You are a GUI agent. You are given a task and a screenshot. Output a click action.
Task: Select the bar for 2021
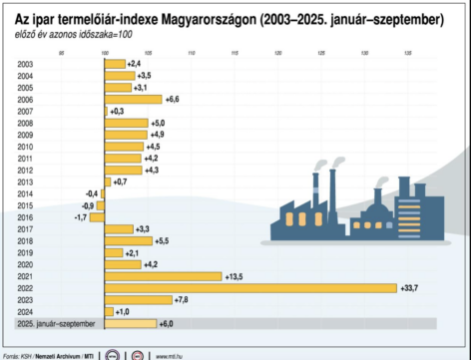pos(162,276)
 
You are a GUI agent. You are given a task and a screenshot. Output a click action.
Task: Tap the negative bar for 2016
pos(97,216)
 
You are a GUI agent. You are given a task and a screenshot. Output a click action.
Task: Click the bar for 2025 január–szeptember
pos(130,323)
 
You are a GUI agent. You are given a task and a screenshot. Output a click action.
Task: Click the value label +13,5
pos(235,276)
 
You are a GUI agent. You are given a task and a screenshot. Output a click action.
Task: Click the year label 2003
pos(25,64)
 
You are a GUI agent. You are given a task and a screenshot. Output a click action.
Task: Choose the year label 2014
pos(25,193)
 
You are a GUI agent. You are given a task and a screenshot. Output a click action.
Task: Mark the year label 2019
pos(25,252)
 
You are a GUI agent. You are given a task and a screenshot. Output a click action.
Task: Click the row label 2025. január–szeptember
pos(57,323)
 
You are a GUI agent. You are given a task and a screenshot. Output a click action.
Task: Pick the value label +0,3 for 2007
pos(117,112)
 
